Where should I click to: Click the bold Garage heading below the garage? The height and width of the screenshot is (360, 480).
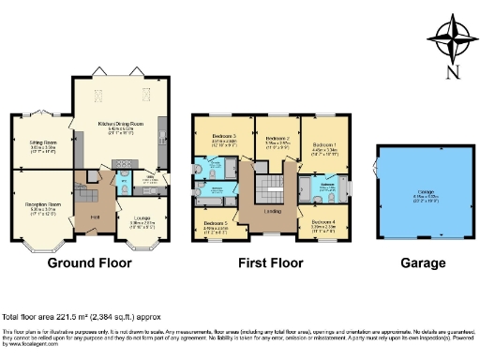pos(415,264)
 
